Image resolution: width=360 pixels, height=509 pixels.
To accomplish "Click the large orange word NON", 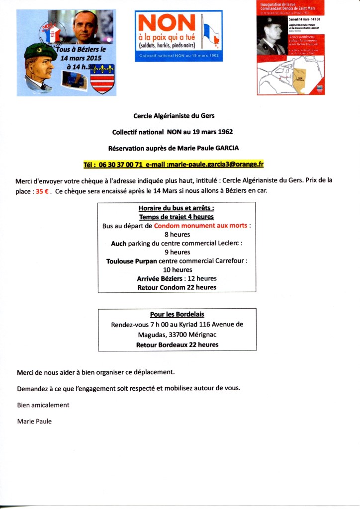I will click(x=167, y=23).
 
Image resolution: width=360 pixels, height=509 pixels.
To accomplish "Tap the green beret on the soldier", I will click(x=40, y=51).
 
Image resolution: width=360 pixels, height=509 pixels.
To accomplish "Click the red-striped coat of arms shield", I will click(x=102, y=81).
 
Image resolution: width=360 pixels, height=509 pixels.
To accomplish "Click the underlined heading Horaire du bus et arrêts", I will click(x=177, y=208).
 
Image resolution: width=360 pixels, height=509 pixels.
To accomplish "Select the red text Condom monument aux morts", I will click(x=200, y=225).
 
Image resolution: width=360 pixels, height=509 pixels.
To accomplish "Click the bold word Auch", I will click(x=118, y=243).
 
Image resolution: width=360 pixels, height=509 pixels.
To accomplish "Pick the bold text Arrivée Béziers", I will click(x=159, y=278).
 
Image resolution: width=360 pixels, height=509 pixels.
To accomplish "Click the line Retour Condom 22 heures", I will click(x=177, y=287).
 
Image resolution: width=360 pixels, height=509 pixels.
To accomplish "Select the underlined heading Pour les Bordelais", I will click(x=177, y=315).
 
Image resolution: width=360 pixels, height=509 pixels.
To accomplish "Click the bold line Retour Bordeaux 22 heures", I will click(x=177, y=344).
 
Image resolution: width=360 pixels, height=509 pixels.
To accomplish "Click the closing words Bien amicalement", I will click(x=43, y=405).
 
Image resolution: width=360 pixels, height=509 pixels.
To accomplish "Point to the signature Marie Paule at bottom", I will click(x=34, y=421).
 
